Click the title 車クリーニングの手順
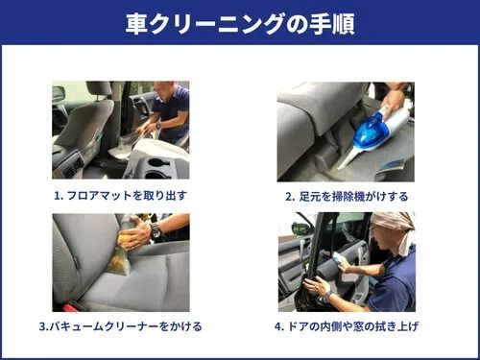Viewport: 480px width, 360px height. [240, 24]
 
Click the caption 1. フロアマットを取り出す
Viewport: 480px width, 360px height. [120, 196]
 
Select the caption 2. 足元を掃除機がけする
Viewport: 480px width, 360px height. [347, 196]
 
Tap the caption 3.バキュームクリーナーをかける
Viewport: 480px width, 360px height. [121, 326]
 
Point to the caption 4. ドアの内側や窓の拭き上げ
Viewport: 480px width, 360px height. [347, 326]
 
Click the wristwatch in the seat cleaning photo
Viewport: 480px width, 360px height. [156, 229]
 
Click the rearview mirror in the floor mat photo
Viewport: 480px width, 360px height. [59, 94]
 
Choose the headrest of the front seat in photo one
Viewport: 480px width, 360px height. [99, 88]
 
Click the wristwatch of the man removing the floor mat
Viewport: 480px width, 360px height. [158, 126]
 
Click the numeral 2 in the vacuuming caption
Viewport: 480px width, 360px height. [288, 197]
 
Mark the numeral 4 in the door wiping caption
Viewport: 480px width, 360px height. [278, 326]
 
